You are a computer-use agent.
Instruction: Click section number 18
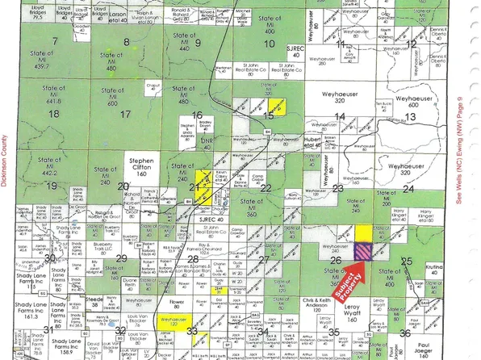(55, 115)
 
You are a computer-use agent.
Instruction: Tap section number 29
(120, 258)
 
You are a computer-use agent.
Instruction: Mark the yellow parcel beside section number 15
(278, 106)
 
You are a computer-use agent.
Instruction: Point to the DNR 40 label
(207, 143)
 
